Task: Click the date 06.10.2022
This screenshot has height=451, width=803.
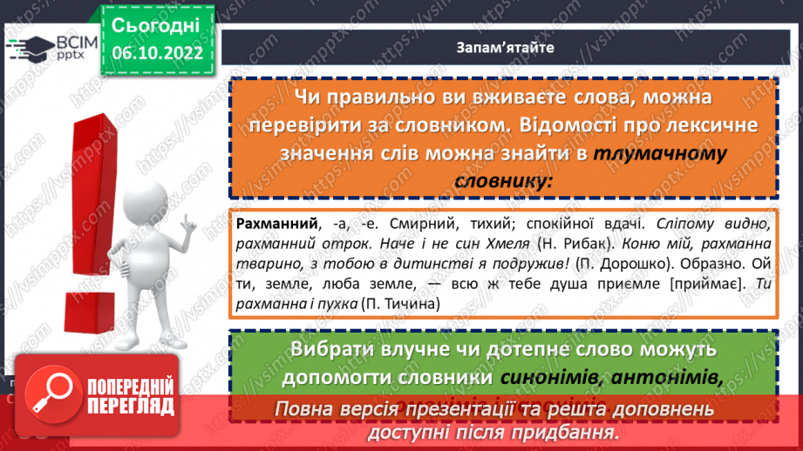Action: click(156, 52)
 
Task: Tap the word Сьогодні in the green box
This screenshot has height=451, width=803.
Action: click(156, 24)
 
